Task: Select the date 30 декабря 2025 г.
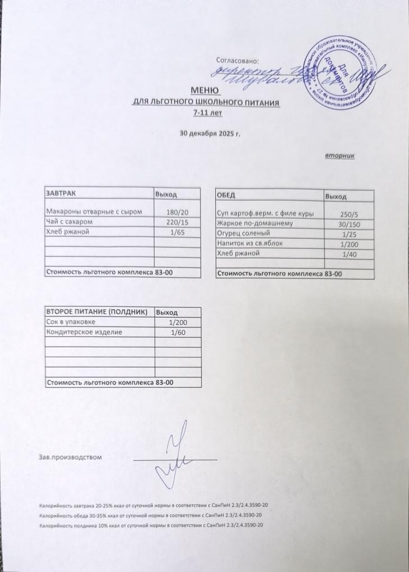click(x=209, y=134)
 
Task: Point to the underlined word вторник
click(x=339, y=155)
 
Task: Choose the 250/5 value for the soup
click(x=349, y=214)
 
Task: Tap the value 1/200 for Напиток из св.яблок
click(x=349, y=244)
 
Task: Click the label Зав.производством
click(x=70, y=456)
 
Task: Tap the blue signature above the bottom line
click(x=177, y=458)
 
